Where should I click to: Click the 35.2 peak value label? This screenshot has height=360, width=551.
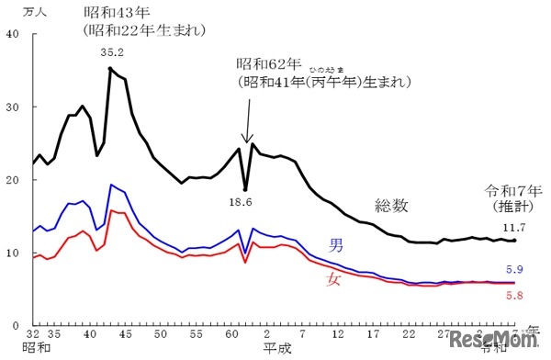(112, 52)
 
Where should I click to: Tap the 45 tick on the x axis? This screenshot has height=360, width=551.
(125, 337)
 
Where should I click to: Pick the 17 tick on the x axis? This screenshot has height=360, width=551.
(374, 337)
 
